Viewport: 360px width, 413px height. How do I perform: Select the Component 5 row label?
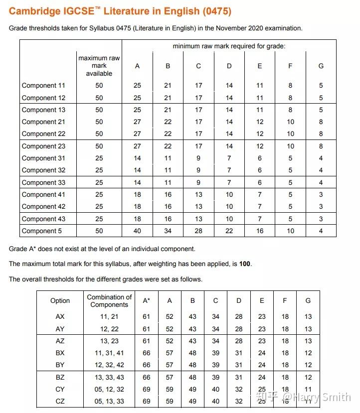(42, 231)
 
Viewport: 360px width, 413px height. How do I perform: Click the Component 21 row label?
(43, 122)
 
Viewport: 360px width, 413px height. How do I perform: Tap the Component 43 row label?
(43, 219)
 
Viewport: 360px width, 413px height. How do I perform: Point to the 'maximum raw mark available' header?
(99, 66)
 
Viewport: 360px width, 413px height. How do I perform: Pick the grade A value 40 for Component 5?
(137, 231)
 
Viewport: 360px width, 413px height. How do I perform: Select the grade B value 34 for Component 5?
(168, 231)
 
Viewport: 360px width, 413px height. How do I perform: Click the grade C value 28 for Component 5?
(198, 231)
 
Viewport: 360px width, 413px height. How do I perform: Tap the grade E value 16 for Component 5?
(259, 231)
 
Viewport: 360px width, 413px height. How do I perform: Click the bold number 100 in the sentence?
(245, 264)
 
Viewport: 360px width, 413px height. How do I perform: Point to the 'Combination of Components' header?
(109, 301)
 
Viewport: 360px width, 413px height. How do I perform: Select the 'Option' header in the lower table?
(60, 301)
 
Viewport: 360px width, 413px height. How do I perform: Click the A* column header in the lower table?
(146, 301)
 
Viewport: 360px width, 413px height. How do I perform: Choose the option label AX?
(60, 317)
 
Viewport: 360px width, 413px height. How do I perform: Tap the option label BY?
(60, 365)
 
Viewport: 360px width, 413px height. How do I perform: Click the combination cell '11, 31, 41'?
(109, 353)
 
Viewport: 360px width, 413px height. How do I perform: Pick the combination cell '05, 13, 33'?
(109, 402)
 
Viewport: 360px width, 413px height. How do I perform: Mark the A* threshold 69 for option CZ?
(146, 402)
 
